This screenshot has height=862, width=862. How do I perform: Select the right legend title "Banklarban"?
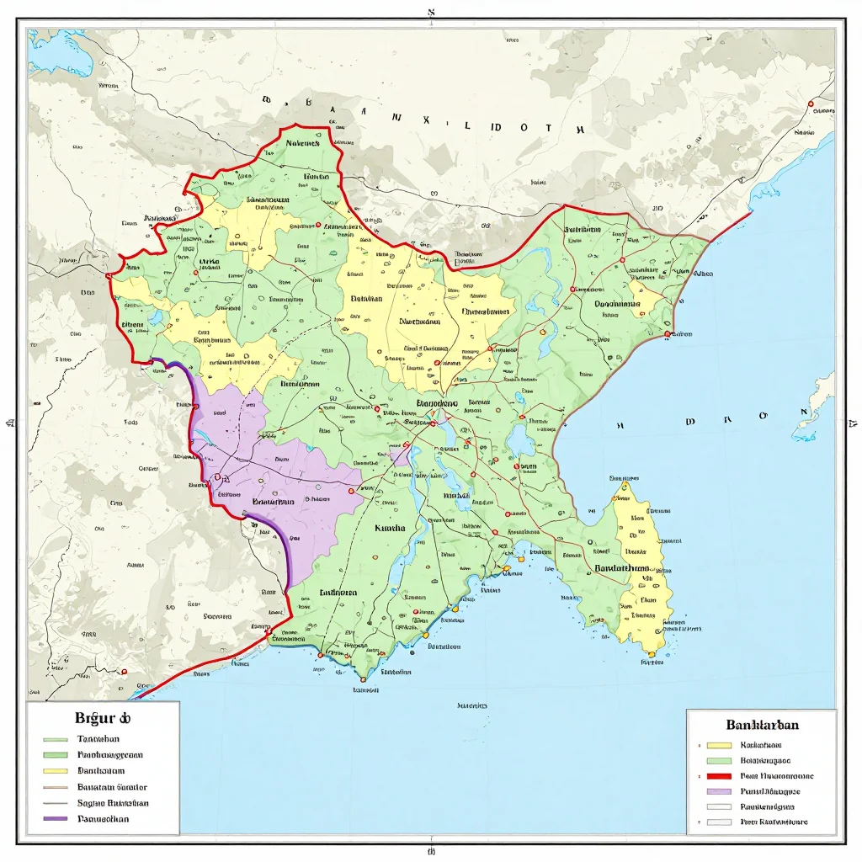pyautogui.click(x=762, y=724)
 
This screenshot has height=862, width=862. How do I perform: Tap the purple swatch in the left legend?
pyautogui.click(x=55, y=818)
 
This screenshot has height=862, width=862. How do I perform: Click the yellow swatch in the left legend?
pyautogui.click(x=55, y=770)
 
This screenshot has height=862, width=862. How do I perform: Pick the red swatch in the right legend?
pyautogui.click(x=719, y=776)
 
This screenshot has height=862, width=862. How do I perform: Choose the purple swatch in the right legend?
pyautogui.click(x=719, y=791)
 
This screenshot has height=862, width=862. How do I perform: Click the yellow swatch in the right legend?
pyautogui.click(x=719, y=745)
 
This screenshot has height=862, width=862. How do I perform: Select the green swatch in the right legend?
pyautogui.click(x=719, y=760)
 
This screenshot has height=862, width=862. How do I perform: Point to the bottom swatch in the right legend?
pyautogui.click(x=719, y=822)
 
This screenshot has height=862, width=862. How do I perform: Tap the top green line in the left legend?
pyautogui.click(x=55, y=738)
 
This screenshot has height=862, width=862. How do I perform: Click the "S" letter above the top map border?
pyautogui.click(x=431, y=13)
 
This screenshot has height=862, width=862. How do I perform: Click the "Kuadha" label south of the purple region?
pyautogui.click(x=389, y=529)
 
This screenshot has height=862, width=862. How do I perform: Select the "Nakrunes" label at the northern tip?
pyautogui.click(x=302, y=143)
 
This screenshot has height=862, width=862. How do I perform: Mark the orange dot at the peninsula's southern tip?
pyautogui.click(x=652, y=653)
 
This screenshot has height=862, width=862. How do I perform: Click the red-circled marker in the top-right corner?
pyautogui.click(x=811, y=104)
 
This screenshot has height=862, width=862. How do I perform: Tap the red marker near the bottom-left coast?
pyautogui.click(x=124, y=671)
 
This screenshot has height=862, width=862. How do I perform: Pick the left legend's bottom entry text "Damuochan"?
pyautogui.click(x=103, y=818)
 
